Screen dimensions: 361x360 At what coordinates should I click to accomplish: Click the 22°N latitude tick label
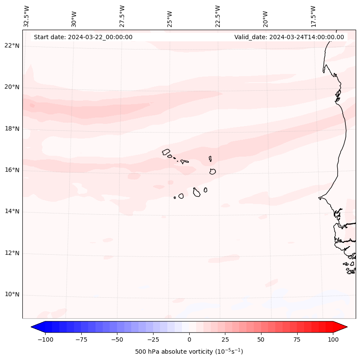[x=12, y=46]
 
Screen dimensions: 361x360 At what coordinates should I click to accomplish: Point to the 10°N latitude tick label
[x=12, y=295]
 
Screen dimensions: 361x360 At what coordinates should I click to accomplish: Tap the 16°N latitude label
[x=12, y=170]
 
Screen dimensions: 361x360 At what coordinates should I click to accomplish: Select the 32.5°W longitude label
[x=27, y=16]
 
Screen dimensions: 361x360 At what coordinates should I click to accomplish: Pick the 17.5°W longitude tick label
[x=313, y=16]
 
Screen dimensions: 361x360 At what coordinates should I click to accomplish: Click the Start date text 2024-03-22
[x=83, y=37]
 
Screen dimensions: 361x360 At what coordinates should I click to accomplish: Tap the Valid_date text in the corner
[x=289, y=37]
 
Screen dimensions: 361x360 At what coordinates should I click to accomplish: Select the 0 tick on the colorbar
[x=189, y=339]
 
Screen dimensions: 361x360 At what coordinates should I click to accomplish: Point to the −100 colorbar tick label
[x=45, y=339]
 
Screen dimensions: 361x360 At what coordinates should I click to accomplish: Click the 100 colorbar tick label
[x=333, y=339]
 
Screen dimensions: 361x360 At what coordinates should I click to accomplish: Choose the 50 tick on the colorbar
[x=261, y=339]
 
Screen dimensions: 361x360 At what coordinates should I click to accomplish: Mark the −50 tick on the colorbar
[x=117, y=339]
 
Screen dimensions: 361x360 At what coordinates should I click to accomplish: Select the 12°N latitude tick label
[x=12, y=253]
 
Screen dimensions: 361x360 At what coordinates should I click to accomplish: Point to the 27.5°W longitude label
[x=122, y=16]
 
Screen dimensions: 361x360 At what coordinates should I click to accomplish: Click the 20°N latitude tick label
[x=12, y=87]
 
